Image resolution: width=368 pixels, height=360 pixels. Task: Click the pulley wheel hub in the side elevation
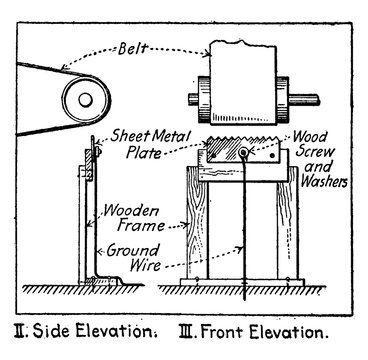click(x=83, y=98)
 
